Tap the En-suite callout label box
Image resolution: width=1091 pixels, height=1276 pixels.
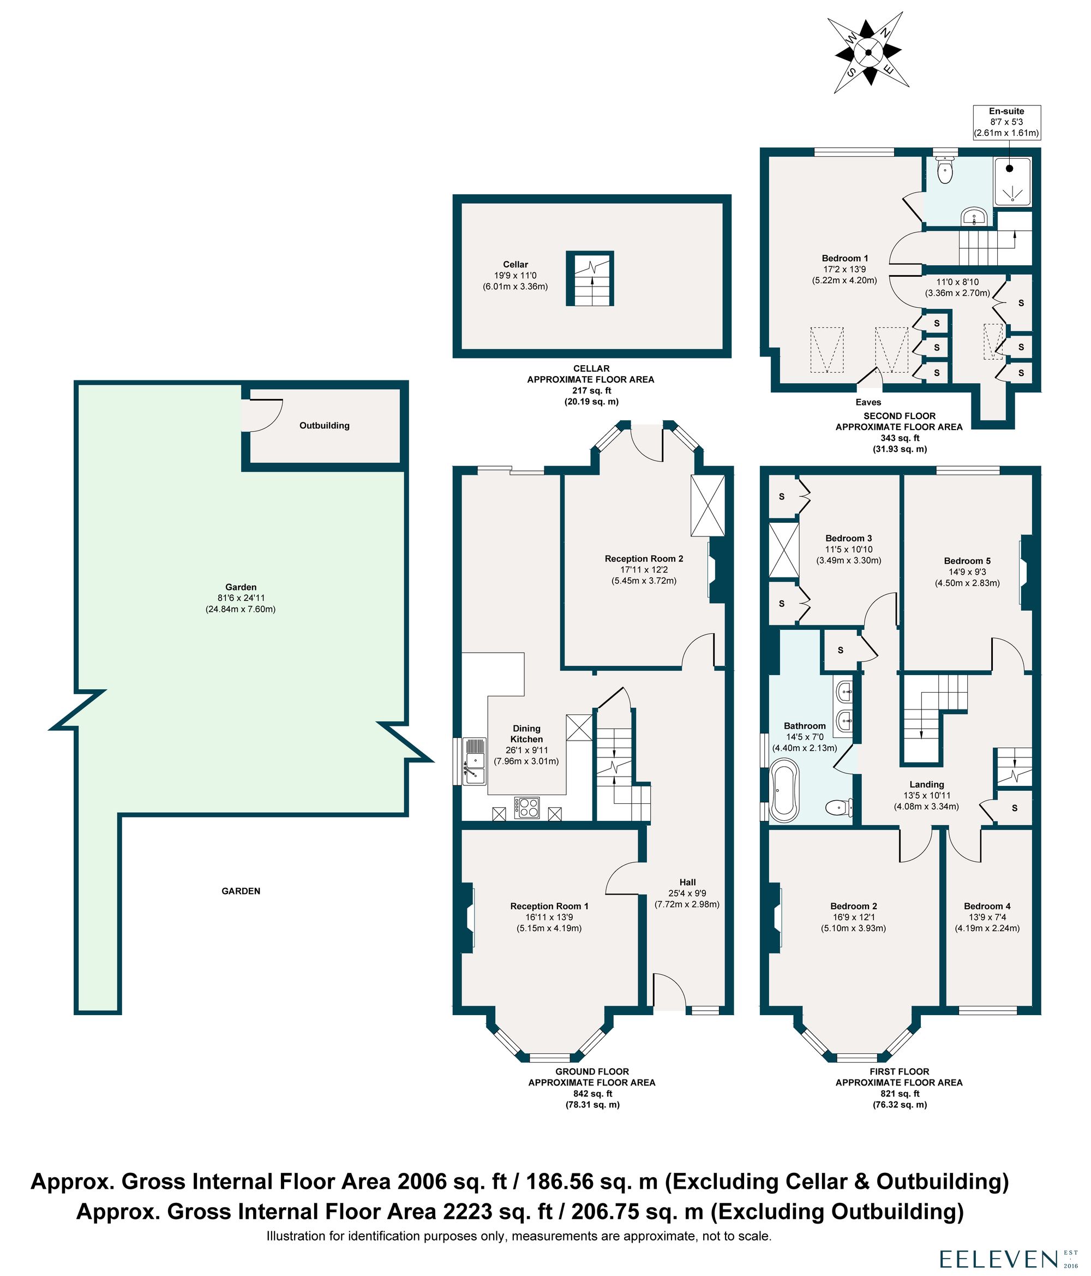click(1006, 122)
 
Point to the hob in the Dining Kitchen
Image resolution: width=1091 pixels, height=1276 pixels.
click(527, 807)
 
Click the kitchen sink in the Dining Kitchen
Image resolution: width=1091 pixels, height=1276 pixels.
click(474, 762)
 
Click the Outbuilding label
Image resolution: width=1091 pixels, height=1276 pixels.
click(324, 426)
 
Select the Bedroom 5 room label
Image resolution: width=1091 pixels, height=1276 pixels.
click(967, 561)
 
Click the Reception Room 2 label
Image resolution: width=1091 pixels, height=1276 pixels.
click(643, 558)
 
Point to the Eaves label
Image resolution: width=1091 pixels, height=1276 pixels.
click(868, 402)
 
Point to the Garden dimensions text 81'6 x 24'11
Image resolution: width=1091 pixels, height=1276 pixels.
click(240, 598)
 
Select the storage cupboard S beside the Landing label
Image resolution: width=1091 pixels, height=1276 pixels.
click(1014, 808)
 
